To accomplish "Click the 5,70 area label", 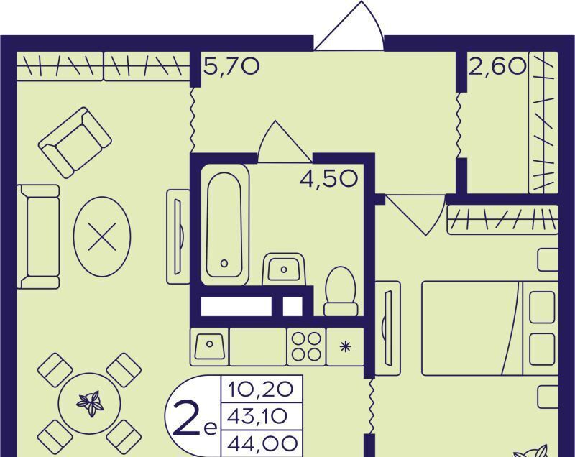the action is (x=231, y=66).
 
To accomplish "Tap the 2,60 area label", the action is (x=497, y=66).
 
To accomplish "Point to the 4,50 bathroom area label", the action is (x=328, y=179).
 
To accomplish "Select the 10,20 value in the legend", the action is (x=261, y=389).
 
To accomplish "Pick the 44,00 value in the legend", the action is (x=262, y=444).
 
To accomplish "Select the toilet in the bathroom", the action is (x=341, y=291).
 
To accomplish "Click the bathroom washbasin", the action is (x=284, y=269).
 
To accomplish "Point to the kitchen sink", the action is (x=209, y=346).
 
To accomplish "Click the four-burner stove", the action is (x=307, y=346).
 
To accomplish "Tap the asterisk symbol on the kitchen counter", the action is (x=345, y=346).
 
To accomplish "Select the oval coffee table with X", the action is (x=102, y=236).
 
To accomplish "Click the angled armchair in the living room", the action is (x=75, y=142).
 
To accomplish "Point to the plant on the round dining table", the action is (x=90, y=403).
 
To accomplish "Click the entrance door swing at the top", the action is (x=349, y=26).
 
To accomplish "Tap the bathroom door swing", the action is (x=285, y=141).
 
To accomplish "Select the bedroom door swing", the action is (x=416, y=214).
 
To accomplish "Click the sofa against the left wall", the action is (x=38, y=236).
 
